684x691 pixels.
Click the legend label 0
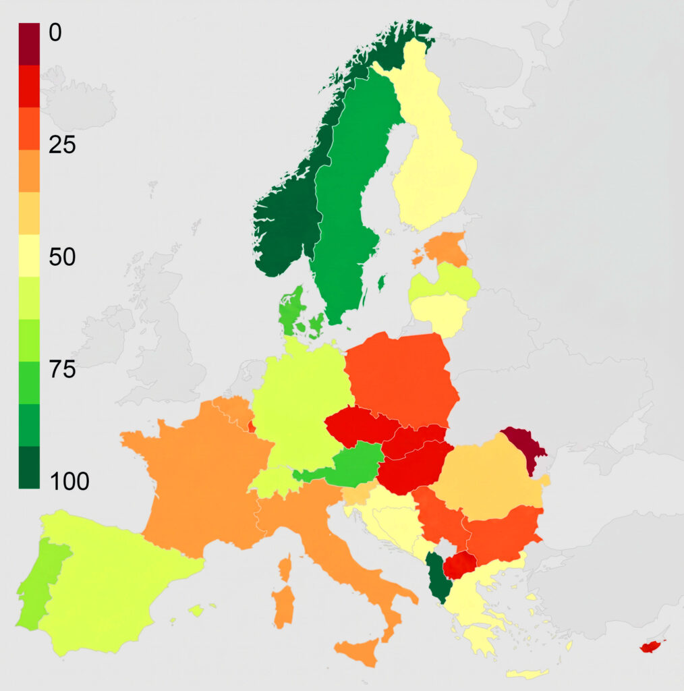(55, 32)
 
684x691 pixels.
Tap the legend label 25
(63, 144)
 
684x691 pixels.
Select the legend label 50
(63, 257)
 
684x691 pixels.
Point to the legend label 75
(63, 370)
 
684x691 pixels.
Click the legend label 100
(69, 482)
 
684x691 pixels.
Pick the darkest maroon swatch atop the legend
(29, 44)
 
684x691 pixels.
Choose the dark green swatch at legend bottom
(29, 467)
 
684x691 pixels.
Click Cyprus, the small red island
(652, 646)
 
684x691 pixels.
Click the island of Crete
(527, 673)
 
